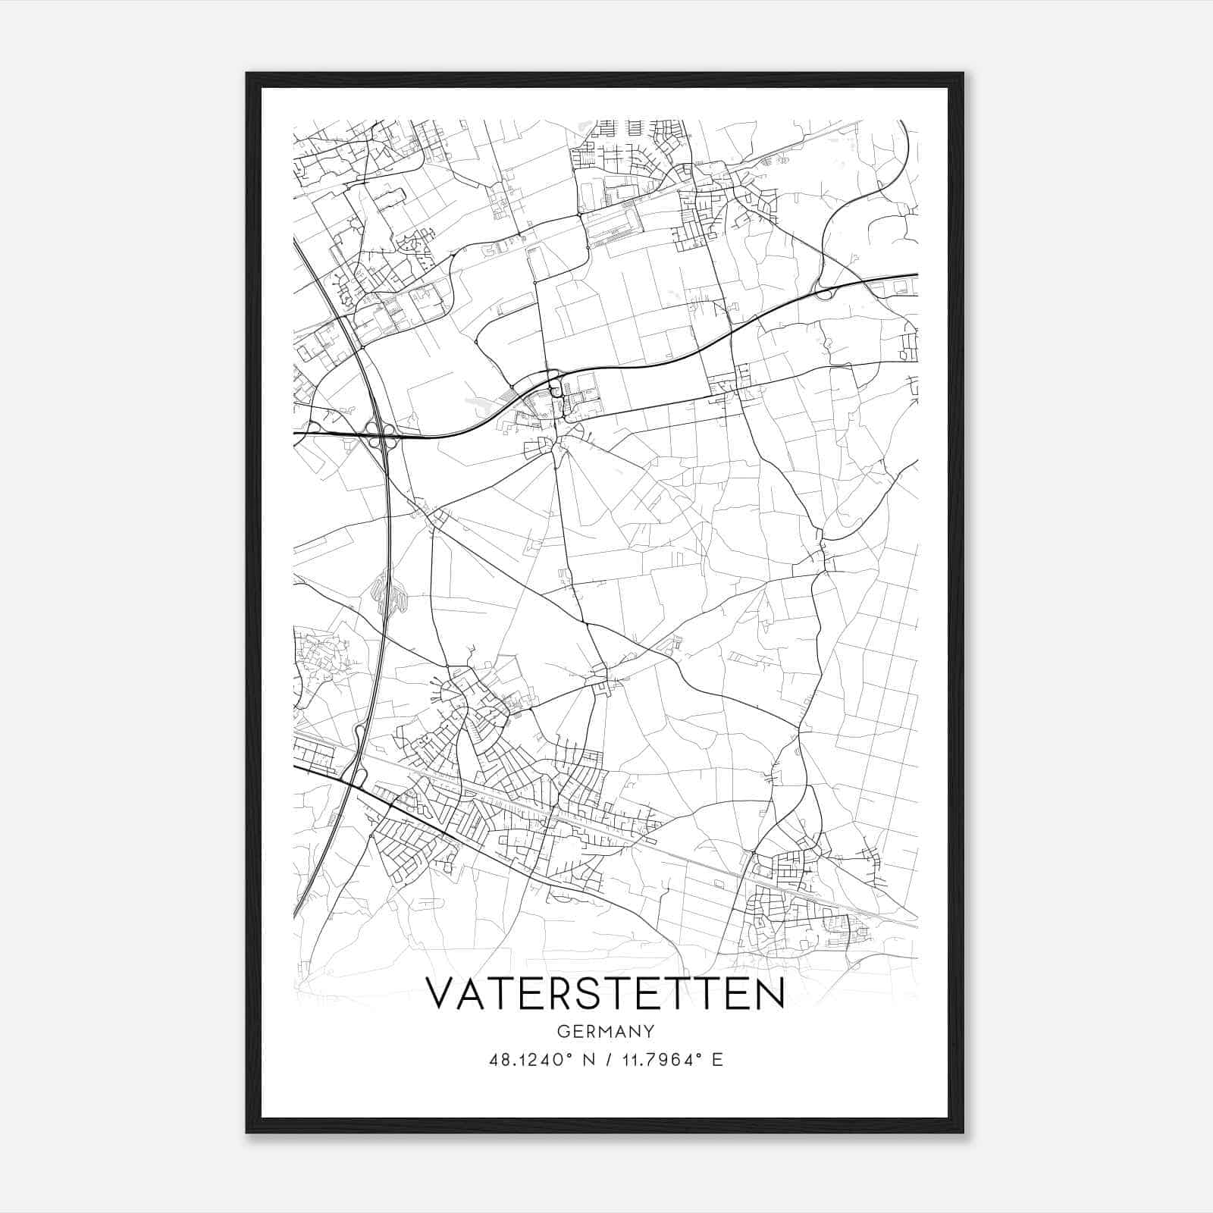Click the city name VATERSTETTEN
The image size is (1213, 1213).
(x=605, y=993)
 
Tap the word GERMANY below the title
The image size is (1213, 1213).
(x=606, y=1032)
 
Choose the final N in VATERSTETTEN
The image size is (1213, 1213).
(x=769, y=993)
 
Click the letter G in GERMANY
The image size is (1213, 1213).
(x=563, y=1032)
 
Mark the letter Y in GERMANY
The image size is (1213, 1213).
(x=648, y=1032)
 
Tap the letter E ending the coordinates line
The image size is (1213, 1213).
(x=717, y=1060)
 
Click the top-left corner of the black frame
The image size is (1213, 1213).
(x=247, y=74)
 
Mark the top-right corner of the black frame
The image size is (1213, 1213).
(x=963, y=74)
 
